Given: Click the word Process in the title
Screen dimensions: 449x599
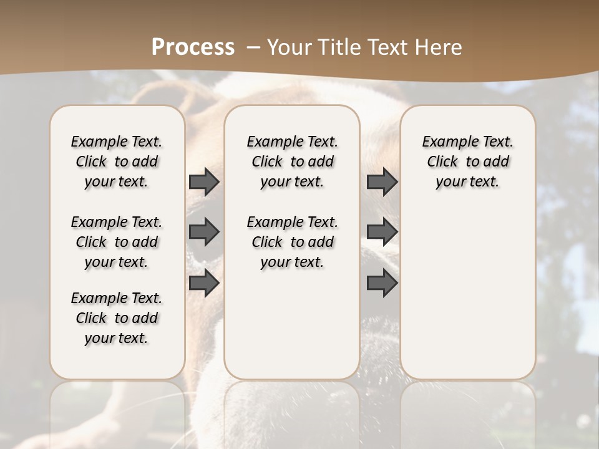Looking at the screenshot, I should pyautogui.click(x=193, y=47).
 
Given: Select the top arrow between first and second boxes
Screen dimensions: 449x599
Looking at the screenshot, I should pyautogui.click(x=204, y=181).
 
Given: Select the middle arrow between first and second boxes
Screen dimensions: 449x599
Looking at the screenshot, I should pyautogui.click(x=204, y=232).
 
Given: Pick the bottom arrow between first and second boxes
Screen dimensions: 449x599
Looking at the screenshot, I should pyautogui.click(x=204, y=283).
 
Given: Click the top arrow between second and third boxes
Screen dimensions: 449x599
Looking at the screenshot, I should pyautogui.click(x=382, y=181).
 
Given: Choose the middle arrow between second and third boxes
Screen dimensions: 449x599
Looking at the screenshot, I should pyautogui.click(x=382, y=232).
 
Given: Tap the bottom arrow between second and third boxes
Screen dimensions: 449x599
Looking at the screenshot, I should pyautogui.click(x=382, y=283).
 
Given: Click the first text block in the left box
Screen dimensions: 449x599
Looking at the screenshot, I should pyautogui.click(x=117, y=162).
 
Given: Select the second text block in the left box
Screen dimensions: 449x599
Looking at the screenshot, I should pyautogui.click(x=117, y=242).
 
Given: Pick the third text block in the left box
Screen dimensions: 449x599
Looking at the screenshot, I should pyautogui.click(x=117, y=318).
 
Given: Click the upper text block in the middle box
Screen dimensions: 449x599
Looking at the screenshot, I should pyautogui.click(x=292, y=162).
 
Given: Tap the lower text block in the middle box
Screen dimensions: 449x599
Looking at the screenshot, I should pyautogui.click(x=292, y=242).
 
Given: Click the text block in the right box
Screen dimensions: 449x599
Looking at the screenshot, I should pyautogui.click(x=467, y=162).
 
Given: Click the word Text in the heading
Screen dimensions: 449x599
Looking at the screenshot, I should pyautogui.click(x=386, y=47).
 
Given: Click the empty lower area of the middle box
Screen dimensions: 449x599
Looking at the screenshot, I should pyautogui.click(x=292, y=324).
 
